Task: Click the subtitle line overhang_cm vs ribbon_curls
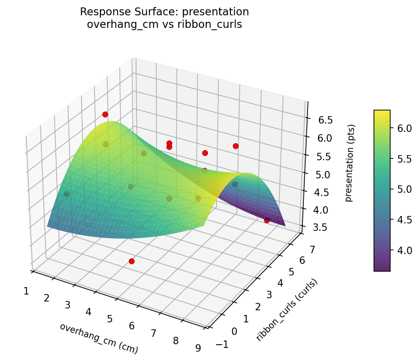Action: [164, 25]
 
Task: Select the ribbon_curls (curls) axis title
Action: [287, 310]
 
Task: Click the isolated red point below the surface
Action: [131, 262]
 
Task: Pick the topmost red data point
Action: [105, 114]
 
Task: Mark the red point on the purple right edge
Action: [267, 221]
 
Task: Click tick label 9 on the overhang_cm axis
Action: [198, 348]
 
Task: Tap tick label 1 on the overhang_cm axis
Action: [26, 291]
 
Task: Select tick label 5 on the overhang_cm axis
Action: [110, 319]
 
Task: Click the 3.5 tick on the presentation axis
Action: [321, 227]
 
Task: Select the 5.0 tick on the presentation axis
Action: [323, 174]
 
